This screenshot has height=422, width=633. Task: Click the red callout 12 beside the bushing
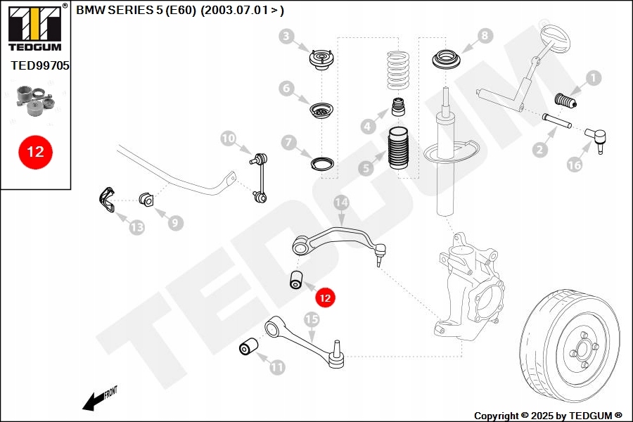pyautogui.click(x=325, y=298)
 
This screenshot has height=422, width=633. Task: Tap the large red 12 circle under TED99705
pyautogui.click(x=35, y=151)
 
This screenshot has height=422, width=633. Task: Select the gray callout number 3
pyautogui.click(x=286, y=36)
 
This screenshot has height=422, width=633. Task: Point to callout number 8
pyautogui.click(x=485, y=35)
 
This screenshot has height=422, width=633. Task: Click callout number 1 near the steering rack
pyautogui.click(x=594, y=78)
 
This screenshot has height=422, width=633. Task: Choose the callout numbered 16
pyautogui.click(x=575, y=165)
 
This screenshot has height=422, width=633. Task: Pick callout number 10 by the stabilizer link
pyautogui.click(x=228, y=139)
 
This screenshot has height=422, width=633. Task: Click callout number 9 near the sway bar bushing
pyautogui.click(x=174, y=223)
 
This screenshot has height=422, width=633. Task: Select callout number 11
pyautogui.click(x=277, y=366)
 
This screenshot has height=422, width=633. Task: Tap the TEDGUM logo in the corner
pyautogui.click(x=34, y=27)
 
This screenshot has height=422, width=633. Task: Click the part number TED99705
pyautogui.click(x=39, y=65)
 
